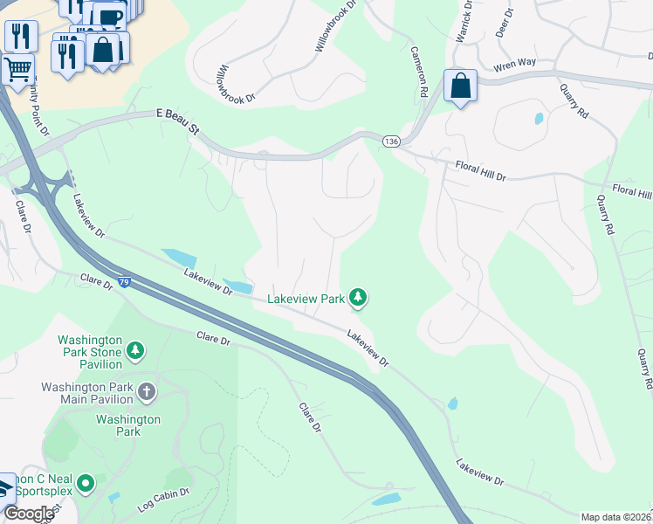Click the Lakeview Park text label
click(306, 299)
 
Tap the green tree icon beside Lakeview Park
click(357, 299)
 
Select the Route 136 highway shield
click(391, 141)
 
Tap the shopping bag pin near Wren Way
click(460, 86)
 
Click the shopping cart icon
click(17, 68)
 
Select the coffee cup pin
click(108, 17)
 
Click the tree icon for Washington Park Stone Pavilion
click(134, 350)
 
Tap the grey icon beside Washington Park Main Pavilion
click(146, 391)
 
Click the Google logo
click(29, 514)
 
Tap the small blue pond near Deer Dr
click(539, 118)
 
